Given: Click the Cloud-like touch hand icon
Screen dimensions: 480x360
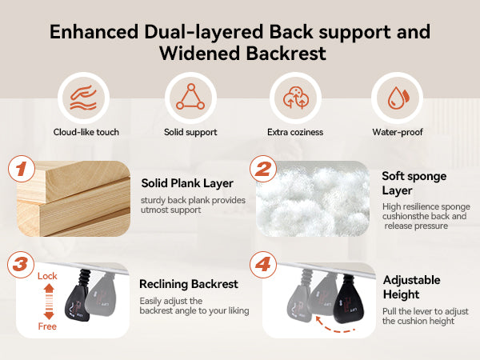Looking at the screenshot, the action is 83,98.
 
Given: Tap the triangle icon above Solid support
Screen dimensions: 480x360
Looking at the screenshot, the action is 190,97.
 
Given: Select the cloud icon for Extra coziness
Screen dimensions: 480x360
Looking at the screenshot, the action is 295,98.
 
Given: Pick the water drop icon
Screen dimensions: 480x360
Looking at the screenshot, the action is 397,98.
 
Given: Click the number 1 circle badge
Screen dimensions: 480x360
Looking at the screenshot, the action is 22,169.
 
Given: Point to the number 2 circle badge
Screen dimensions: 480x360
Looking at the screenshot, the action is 263,169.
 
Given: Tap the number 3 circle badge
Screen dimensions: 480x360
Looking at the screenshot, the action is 21,265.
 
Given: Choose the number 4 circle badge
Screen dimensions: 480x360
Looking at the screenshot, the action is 263,265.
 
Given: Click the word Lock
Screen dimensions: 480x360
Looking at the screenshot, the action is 47,276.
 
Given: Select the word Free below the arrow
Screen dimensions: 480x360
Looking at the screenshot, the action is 47,326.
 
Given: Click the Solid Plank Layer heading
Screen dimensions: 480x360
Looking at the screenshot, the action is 187,183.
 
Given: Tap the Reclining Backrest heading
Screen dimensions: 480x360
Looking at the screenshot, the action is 189,284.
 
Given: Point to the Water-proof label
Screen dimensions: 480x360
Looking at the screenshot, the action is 398,132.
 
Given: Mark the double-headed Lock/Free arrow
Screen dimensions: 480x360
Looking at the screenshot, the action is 49,302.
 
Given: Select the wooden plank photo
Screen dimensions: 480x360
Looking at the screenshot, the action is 74,198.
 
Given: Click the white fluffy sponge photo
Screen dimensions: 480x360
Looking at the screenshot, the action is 313,198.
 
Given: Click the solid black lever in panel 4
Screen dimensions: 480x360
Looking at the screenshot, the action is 348,299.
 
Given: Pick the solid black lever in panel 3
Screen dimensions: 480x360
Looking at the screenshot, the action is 78,296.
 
